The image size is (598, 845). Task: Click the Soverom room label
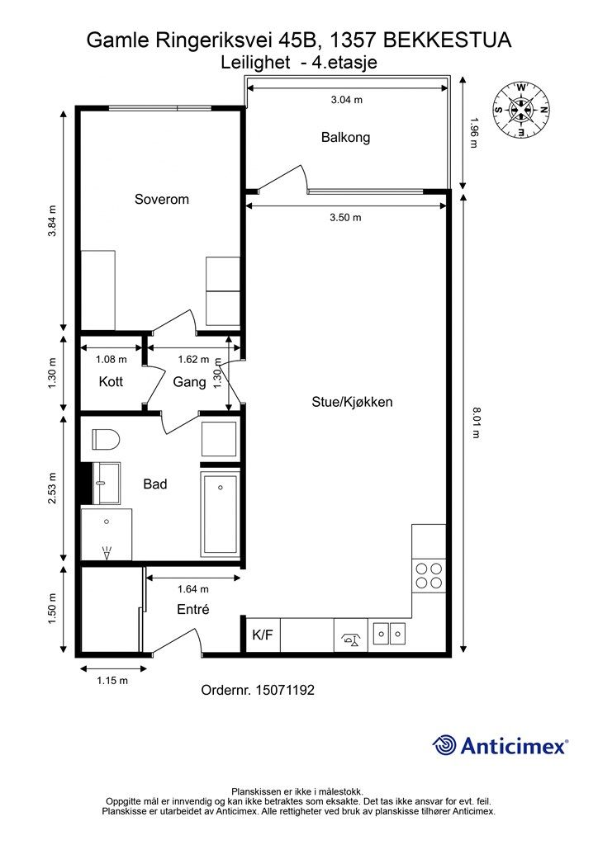[162, 200]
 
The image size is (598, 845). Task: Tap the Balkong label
[345, 138]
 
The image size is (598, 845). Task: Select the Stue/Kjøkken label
[352, 402]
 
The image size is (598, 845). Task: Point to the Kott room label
[111, 381]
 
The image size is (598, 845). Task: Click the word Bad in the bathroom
[155, 484]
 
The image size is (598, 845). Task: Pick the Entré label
[193, 609]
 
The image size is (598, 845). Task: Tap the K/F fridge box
[263, 635]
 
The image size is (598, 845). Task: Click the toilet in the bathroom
[105, 440]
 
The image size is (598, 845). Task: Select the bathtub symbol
[220, 515]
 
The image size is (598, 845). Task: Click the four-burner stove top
[430, 575]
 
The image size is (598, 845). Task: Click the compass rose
[521, 110]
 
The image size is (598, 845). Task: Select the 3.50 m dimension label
[345, 218]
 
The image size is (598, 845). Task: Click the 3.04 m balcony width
[346, 100]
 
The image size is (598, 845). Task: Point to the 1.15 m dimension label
[112, 681]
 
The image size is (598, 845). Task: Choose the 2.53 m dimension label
[52, 489]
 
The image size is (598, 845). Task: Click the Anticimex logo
[500, 746]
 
